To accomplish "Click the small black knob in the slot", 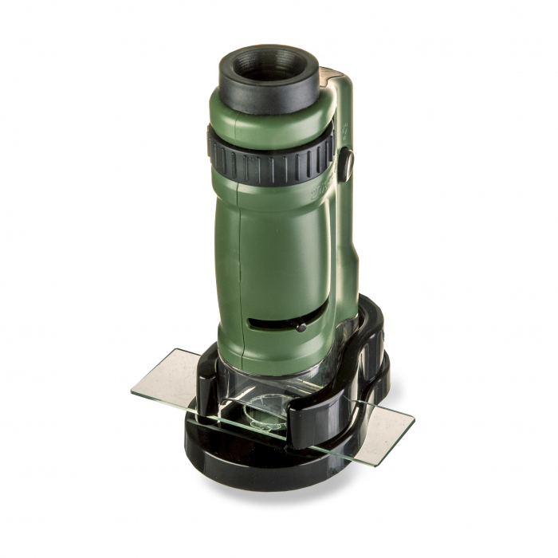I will click(300, 325).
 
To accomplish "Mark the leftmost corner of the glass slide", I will click(132, 391).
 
